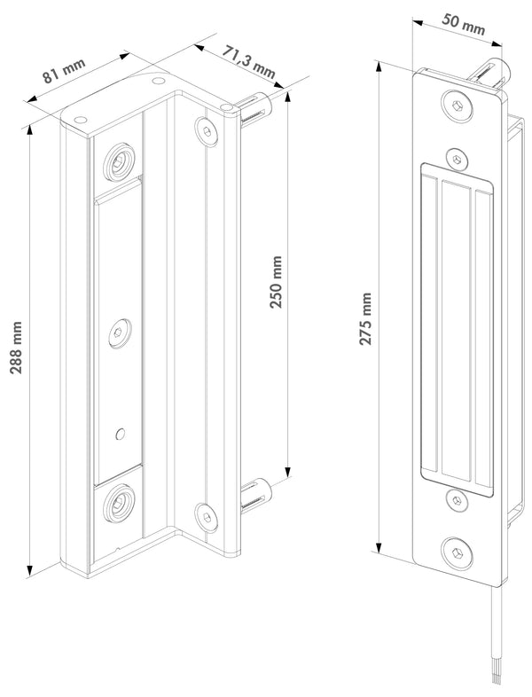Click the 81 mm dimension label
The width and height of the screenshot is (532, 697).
point(64,71)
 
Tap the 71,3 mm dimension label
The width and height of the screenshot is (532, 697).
point(248,61)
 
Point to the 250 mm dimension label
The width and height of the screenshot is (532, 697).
point(276,282)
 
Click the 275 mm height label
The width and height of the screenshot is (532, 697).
point(365,318)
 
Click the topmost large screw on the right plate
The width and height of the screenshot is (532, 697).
point(457,106)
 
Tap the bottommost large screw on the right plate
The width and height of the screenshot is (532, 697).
point(458,553)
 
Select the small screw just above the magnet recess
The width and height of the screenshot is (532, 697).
point(457,159)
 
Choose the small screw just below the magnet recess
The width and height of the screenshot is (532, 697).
point(458,500)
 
